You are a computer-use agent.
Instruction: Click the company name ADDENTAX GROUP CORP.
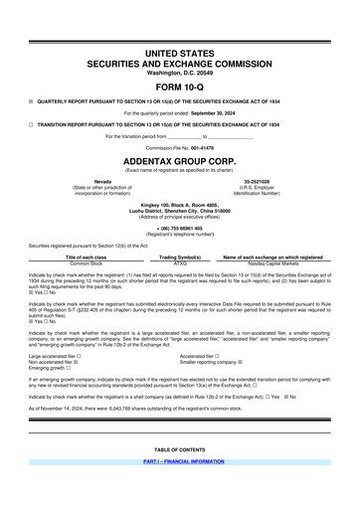click(179, 159)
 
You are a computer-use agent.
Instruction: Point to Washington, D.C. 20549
click(179, 73)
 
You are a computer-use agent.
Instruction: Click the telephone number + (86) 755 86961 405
click(179, 228)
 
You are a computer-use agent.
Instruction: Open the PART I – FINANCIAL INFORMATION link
click(179, 463)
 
